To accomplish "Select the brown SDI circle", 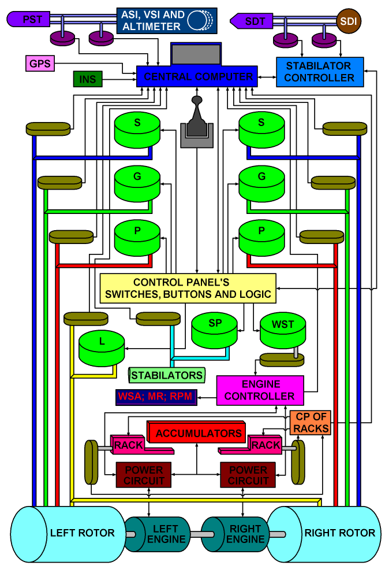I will tap(347, 20).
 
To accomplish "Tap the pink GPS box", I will tap(39, 62).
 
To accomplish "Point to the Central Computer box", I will tap(197, 76).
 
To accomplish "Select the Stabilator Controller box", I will tap(320, 72).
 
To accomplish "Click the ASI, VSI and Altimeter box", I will tap(167, 20).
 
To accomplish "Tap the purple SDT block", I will tap(253, 21).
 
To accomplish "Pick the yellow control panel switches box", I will tap(188, 288).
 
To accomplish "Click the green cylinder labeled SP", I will tap(215, 330).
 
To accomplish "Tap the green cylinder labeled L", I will tap(102, 348).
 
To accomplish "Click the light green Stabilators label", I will tap(167, 375).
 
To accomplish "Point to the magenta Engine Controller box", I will tap(260, 390).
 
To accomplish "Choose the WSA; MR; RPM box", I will tap(154, 397).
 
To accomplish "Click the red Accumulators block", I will tap(199, 433).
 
